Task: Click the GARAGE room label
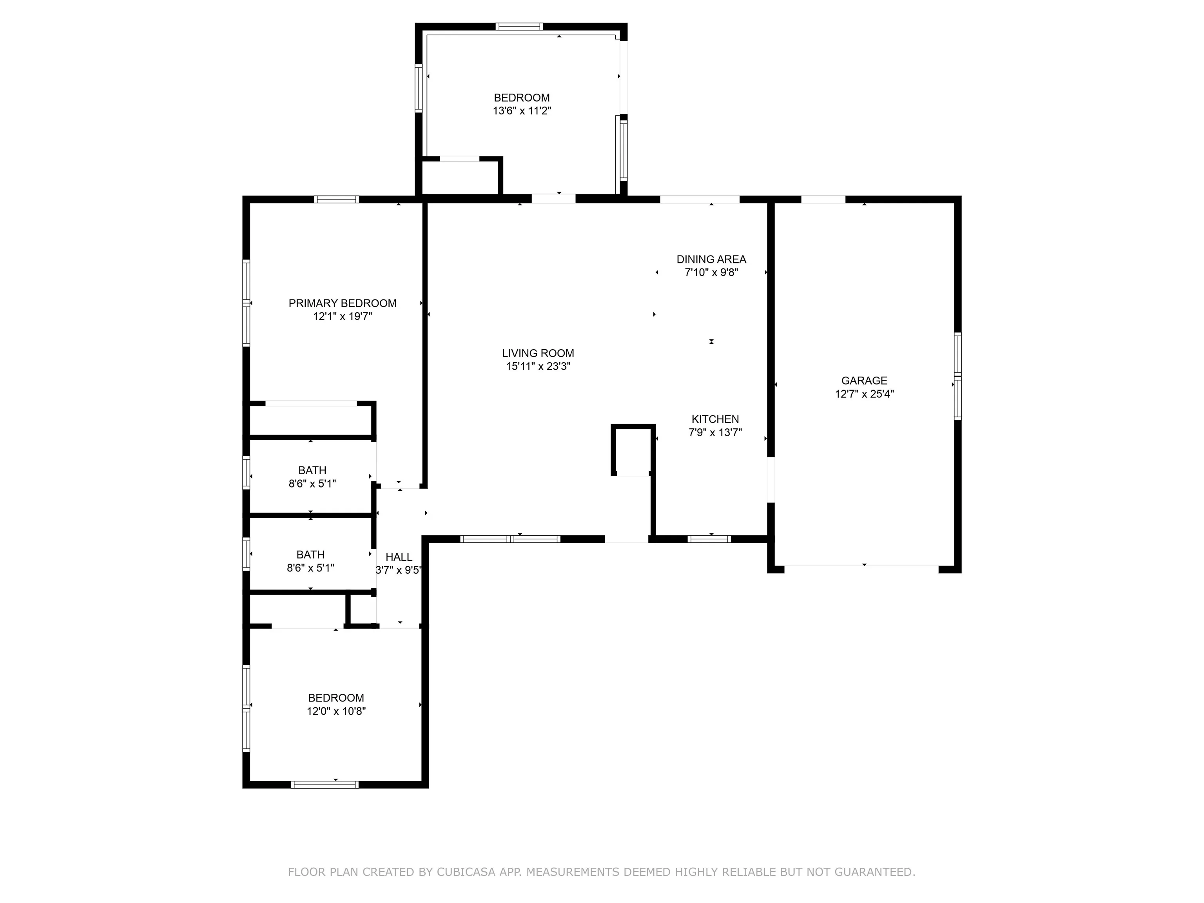click(x=864, y=381)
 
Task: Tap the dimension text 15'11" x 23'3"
click(x=538, y=366)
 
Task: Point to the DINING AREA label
click(x=711, y=259)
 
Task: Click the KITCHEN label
click(x=714, y=419)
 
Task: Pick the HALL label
click(x=399, y=557)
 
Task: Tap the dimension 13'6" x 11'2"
click(x=521, y=111)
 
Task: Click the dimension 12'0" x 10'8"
click(x=336, y=711)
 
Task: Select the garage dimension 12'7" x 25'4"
click(x=864, y=394)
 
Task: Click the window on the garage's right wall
click(x=957, y=376)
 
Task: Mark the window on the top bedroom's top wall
click(x=519, y=26)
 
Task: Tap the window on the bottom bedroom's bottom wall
click(x=325, y=784)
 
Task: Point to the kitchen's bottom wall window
click(x=709, y=539)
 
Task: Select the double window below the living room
click(x=510, y=539)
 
